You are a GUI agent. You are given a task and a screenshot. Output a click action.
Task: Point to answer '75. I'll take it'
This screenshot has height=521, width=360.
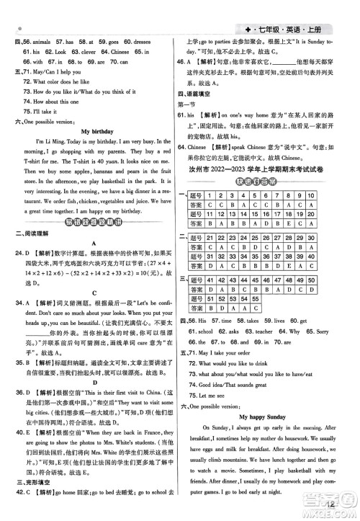coord(42,112)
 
